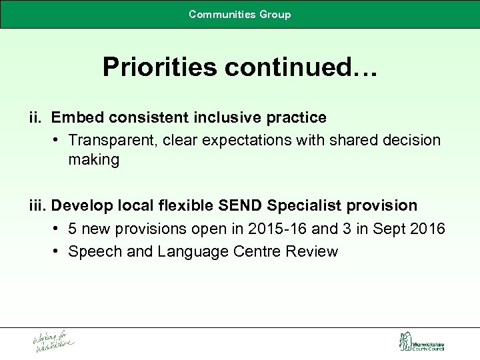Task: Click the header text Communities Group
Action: [x=240, y=14]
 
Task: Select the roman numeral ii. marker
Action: [x=36, y=118]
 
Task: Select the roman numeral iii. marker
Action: [x=37, y=205]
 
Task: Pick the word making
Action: [x=93, y=160]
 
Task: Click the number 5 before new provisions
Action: [x=73, y=229]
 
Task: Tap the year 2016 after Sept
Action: [x=428, y=229]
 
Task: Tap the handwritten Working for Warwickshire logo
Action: [x=53, y=342]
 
